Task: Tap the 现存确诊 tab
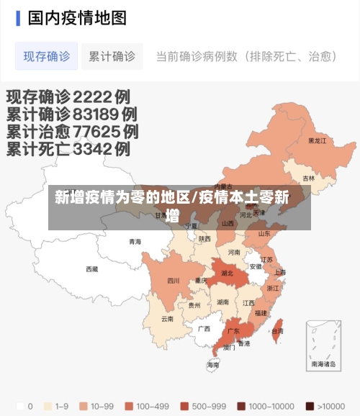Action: click(47, 56)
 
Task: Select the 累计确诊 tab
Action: click(112, 56)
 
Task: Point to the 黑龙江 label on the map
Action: click(318, 141)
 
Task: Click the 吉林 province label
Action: click(308, 178)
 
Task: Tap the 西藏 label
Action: click(92, 269)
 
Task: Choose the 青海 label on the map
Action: click(135, 242)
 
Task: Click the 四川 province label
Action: click(174, 281)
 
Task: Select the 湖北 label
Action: click(228, 273)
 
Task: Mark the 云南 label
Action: click(167, 318)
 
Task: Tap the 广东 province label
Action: click(233, 332)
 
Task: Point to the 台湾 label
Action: click(277, 331)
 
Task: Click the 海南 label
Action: click(213, 365)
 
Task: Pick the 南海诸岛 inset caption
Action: click(323, 364)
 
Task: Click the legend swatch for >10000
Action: click(310, 406)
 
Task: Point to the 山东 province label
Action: click(264, 233)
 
